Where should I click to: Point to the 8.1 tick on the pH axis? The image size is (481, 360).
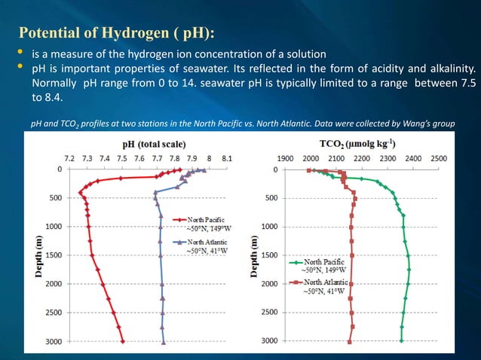click(x=226, y=159)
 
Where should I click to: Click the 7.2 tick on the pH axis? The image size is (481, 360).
click(x=69, y=159)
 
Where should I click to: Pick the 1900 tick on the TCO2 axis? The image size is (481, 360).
click(x=286, y=159)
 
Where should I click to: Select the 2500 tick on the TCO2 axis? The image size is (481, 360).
click(x=439, y=159)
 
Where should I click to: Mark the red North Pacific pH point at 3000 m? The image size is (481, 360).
click(x=124, y=340)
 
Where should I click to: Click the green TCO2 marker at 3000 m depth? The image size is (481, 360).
click(x=401, y=340)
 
